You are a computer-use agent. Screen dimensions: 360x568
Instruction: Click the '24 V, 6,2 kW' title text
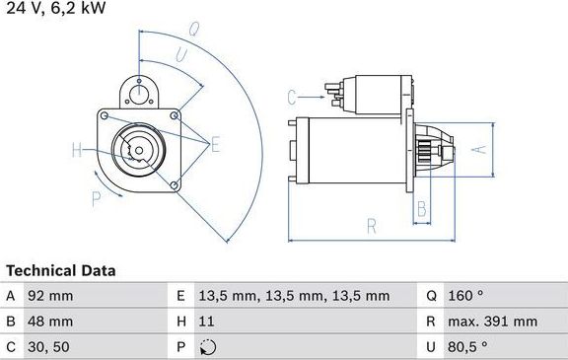54,9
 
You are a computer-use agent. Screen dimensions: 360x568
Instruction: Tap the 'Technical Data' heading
60,270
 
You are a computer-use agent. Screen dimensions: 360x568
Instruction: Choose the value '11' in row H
205,322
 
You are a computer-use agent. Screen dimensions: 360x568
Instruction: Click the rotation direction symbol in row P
205,347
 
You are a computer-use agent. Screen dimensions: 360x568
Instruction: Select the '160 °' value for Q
467,296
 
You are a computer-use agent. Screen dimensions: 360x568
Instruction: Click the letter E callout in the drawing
216,145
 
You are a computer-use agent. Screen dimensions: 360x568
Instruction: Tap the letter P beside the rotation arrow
97,197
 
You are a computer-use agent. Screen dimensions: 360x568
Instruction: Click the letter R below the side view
371,226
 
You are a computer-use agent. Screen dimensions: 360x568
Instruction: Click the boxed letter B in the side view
421,208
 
